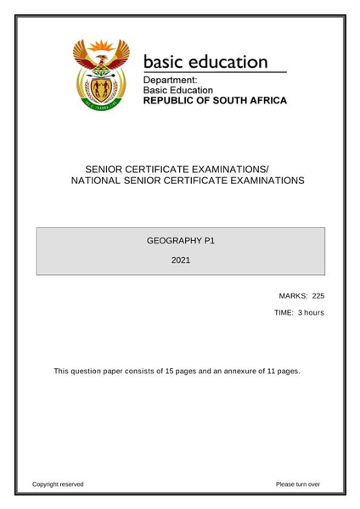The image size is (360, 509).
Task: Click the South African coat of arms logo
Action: tap(100, 76)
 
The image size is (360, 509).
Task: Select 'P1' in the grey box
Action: tap(209, 241)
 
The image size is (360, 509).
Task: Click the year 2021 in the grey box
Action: tap(180, 260)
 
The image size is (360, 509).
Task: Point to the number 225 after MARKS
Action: tap(318, 296)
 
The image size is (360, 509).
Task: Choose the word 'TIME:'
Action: tap(284, 313)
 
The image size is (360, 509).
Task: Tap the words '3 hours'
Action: tap(311, 313)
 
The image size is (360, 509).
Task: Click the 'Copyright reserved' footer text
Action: tap(58, 484)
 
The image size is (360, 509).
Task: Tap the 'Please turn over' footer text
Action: tap(298, 484)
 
